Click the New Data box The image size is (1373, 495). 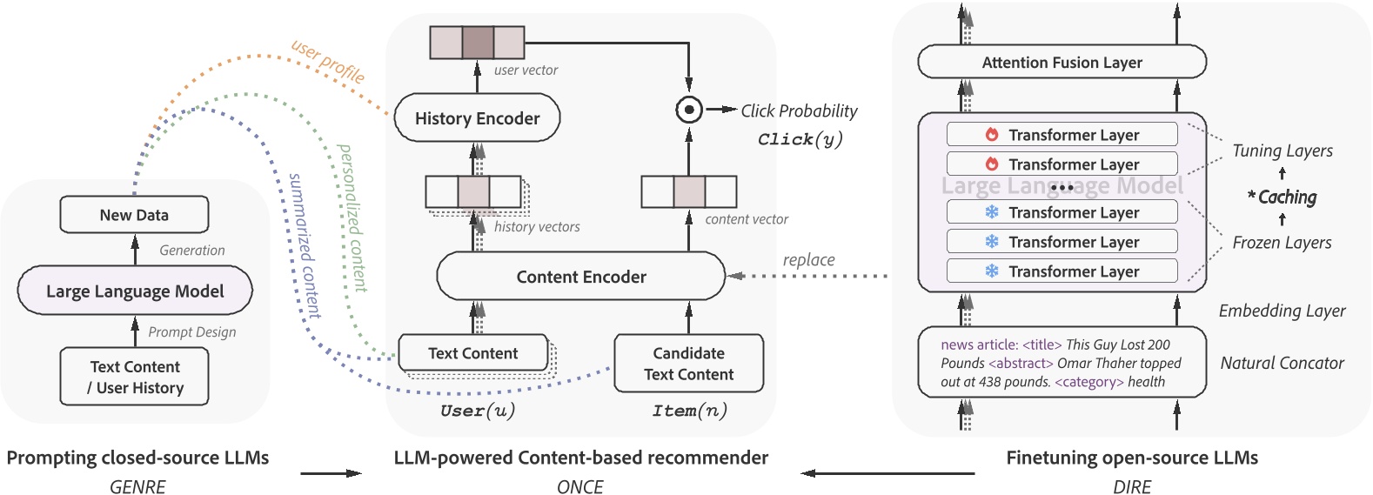(134, 215)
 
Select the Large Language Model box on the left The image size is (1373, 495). (135, 291)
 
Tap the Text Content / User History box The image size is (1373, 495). (135, 377)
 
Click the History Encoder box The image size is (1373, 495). (477, 118)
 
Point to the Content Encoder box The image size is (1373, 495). (580, 277)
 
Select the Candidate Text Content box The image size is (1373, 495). (688, 364)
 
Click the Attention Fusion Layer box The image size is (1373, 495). (1062, 63)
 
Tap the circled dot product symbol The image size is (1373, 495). (689, 110)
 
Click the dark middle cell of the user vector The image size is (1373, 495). (477, 43)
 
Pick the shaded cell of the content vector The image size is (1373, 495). (689, 191)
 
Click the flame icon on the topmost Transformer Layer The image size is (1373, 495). (992, 135)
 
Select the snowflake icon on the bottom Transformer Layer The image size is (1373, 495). (992, 271)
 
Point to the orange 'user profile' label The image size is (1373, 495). (328, 62)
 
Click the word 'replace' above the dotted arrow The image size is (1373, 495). (808, 259)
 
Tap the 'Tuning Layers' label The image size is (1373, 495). (1282, 151)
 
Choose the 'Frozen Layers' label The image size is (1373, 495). (1282, 243)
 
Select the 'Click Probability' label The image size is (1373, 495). (799, 110)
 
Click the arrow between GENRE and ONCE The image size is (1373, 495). (331, 473)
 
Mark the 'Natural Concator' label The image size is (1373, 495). (1282, 363)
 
